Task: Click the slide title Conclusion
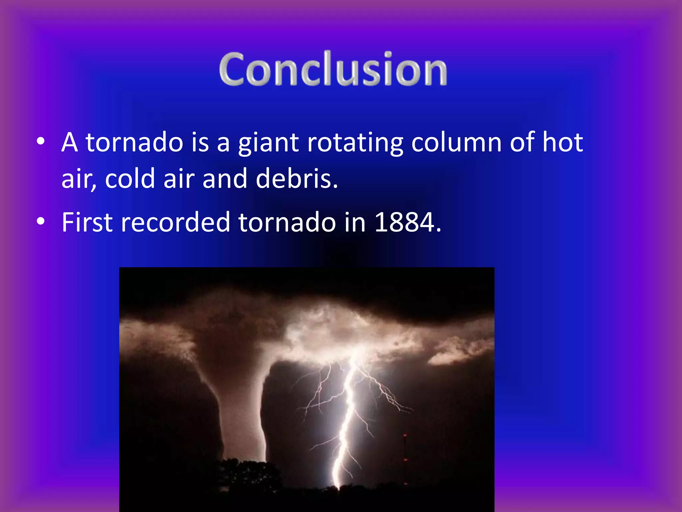(x=333, y=69)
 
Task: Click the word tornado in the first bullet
(x=135, y=143)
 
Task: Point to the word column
(x=456, y=143)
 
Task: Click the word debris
(x=296, y=179)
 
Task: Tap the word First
(x=87, y=222)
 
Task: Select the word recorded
(x=175, y=222)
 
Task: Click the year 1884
(x=404, y=222)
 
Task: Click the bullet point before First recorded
(x=41, y=221)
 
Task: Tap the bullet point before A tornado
(x=41, y=142)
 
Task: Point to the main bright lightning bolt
(x=348, y=417)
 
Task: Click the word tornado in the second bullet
(x=287, y=222)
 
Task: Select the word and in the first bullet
(x=224, y=179)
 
